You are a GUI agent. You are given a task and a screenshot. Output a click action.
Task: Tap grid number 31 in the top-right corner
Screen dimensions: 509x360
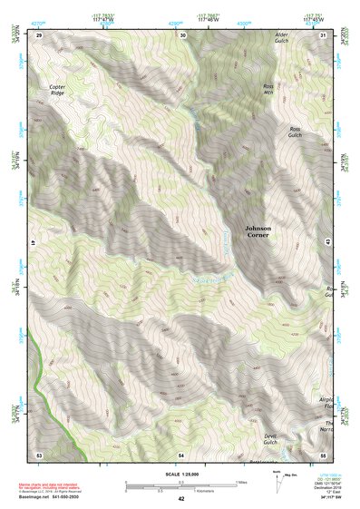click(324, 34)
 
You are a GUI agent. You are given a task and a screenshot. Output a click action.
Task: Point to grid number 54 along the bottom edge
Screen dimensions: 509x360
click(181, 453)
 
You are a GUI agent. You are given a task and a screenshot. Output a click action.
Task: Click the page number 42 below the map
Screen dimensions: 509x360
click(181, 498)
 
